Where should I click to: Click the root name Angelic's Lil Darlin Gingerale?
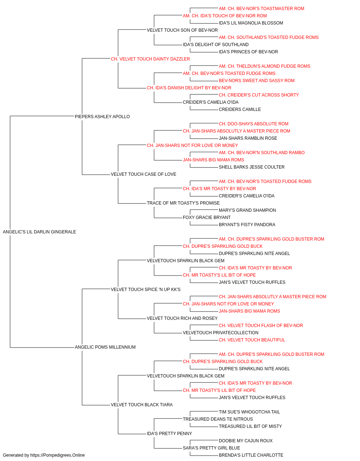40,232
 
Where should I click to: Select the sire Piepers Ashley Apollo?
102,117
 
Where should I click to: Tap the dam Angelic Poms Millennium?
105,347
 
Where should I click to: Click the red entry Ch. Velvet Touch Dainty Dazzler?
150,59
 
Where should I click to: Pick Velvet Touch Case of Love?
144,174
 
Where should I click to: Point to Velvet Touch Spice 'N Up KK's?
146,290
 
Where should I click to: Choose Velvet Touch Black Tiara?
141,405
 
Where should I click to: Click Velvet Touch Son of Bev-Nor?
182,30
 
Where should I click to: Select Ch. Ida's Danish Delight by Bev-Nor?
189,88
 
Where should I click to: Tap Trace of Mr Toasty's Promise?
183,203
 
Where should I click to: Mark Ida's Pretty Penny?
170,434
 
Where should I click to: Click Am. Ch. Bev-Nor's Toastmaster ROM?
261,9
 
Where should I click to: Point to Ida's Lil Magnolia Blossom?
251,23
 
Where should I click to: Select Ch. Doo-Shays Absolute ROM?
253,124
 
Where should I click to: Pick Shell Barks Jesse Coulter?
252,167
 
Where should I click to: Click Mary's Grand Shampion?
247,210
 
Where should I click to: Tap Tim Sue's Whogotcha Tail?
249,412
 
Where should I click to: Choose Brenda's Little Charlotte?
251,455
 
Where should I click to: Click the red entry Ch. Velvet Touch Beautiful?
252,340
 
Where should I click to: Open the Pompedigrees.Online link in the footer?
58,455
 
